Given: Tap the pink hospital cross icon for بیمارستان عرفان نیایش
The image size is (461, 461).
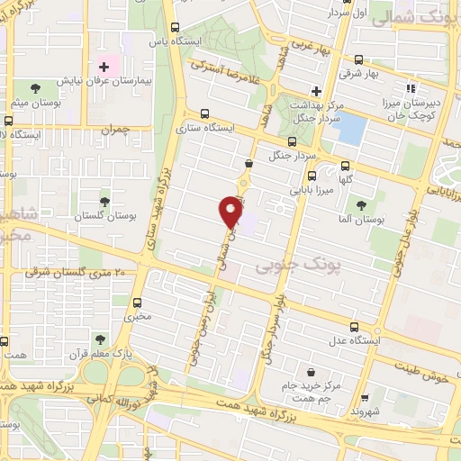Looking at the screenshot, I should [x=104, y=67].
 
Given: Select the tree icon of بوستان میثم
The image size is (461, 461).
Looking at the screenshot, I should [x=35, y=88].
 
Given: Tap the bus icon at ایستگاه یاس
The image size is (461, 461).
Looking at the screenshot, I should [x=174, y=26].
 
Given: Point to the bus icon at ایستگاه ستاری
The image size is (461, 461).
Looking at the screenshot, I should [x=205, y=113].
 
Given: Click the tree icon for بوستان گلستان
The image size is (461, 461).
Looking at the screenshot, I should [x=105, y=201].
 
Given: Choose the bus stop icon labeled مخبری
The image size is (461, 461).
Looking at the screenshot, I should [x=138, y=303].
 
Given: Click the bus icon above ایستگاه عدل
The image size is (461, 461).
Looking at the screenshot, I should [x=354, y=327].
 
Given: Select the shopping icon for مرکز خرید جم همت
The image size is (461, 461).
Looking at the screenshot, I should [x=311, y=371].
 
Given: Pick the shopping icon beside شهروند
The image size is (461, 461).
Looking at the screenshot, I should [x=364, y=397].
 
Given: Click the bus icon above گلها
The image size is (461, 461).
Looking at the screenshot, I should [x=345, y=166].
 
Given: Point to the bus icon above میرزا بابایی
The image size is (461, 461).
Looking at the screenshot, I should [x=312, y=176].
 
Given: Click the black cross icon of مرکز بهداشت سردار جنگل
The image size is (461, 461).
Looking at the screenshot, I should [x=315, y=91].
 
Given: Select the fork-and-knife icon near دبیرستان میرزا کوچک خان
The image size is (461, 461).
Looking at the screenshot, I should [x=411, y=88].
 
